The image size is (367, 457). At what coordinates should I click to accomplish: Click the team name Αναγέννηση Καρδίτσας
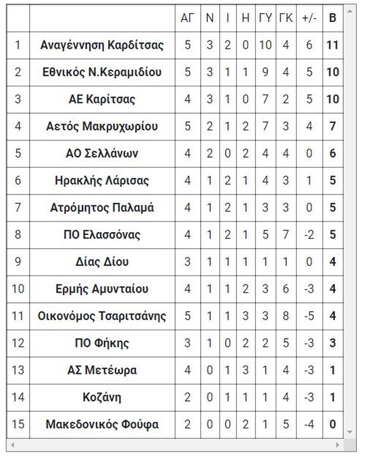(x=102, y=45)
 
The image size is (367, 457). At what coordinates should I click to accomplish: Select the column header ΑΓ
(x=188, y=18)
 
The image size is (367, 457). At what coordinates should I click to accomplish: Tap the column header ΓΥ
(x=265, y=18)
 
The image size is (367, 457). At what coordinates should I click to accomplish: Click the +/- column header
(x=309, y=18)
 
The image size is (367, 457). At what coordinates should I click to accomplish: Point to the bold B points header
(x=333, y=18)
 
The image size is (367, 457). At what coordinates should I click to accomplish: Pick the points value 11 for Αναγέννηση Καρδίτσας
(x=333, y=45)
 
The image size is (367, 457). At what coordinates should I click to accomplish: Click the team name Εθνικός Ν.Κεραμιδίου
(x=102, y=72)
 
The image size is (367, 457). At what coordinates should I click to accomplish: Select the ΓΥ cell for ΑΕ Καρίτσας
(x=265, y=99)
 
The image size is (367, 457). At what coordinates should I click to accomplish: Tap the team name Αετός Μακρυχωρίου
(x=102, y=126)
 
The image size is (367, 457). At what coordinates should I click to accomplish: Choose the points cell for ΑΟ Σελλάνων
(x=333, y=154)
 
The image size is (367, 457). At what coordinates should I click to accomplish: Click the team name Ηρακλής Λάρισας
(x=102, y=180)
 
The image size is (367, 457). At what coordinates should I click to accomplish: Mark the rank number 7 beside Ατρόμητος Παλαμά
(x=18, y=208)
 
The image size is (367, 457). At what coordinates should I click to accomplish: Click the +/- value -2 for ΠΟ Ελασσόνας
(x=309, y=235)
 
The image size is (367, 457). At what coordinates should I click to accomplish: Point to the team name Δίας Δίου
(x=102, y=262)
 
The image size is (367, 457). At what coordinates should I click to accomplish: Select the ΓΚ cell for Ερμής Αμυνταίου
(x=286, y=289)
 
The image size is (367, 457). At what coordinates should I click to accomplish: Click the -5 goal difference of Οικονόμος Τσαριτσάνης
(x=309, y=316)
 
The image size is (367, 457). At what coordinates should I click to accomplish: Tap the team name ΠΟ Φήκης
(x=102, y=343)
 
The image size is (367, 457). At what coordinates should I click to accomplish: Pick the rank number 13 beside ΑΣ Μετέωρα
(x=18, y=370)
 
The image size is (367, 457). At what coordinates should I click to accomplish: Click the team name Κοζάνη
(x=102, y=397)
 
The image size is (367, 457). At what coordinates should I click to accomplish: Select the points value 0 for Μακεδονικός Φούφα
(x=333, y=425)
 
